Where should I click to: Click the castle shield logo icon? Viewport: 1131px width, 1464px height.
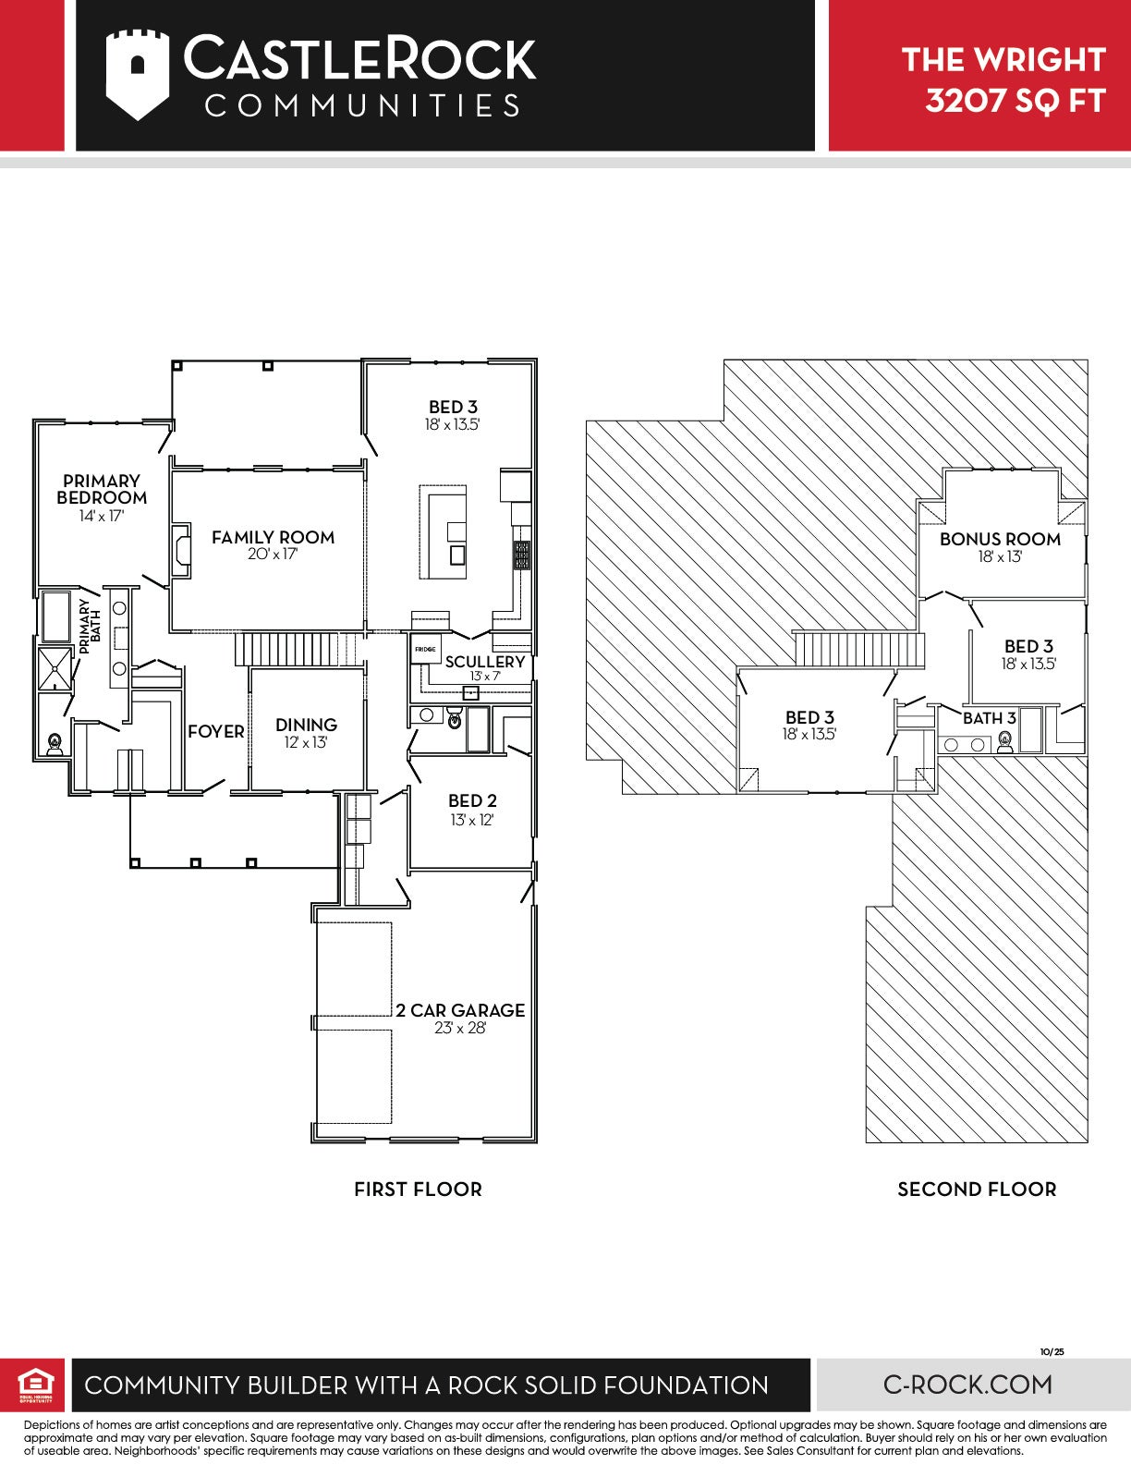[137, 75]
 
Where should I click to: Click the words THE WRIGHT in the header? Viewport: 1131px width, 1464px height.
[1003, 59]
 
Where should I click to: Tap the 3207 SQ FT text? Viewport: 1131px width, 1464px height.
[1015, 101]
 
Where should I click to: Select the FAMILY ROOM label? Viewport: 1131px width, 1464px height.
[273, 537]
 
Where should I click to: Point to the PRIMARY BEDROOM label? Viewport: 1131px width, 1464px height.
[102, 489]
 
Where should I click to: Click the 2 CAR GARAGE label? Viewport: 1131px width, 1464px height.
[460, 1010]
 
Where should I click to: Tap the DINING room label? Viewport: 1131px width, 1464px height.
[306, 725]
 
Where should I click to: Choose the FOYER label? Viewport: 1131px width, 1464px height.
[215, 731]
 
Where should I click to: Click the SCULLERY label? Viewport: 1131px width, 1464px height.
[485, 662]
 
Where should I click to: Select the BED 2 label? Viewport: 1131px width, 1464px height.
[472, 800]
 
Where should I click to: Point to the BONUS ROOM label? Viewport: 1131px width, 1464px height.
[1000, 539]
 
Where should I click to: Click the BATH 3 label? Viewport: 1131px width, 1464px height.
[989, 718]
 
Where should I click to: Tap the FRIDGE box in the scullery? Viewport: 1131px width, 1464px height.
[426, 649]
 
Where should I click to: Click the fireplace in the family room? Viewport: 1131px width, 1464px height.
[180, 550]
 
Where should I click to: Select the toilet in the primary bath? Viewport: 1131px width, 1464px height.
[55, 743]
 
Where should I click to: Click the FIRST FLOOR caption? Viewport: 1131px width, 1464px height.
[418, 1189]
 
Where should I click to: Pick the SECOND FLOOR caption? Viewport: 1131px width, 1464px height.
[977, 1189]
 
